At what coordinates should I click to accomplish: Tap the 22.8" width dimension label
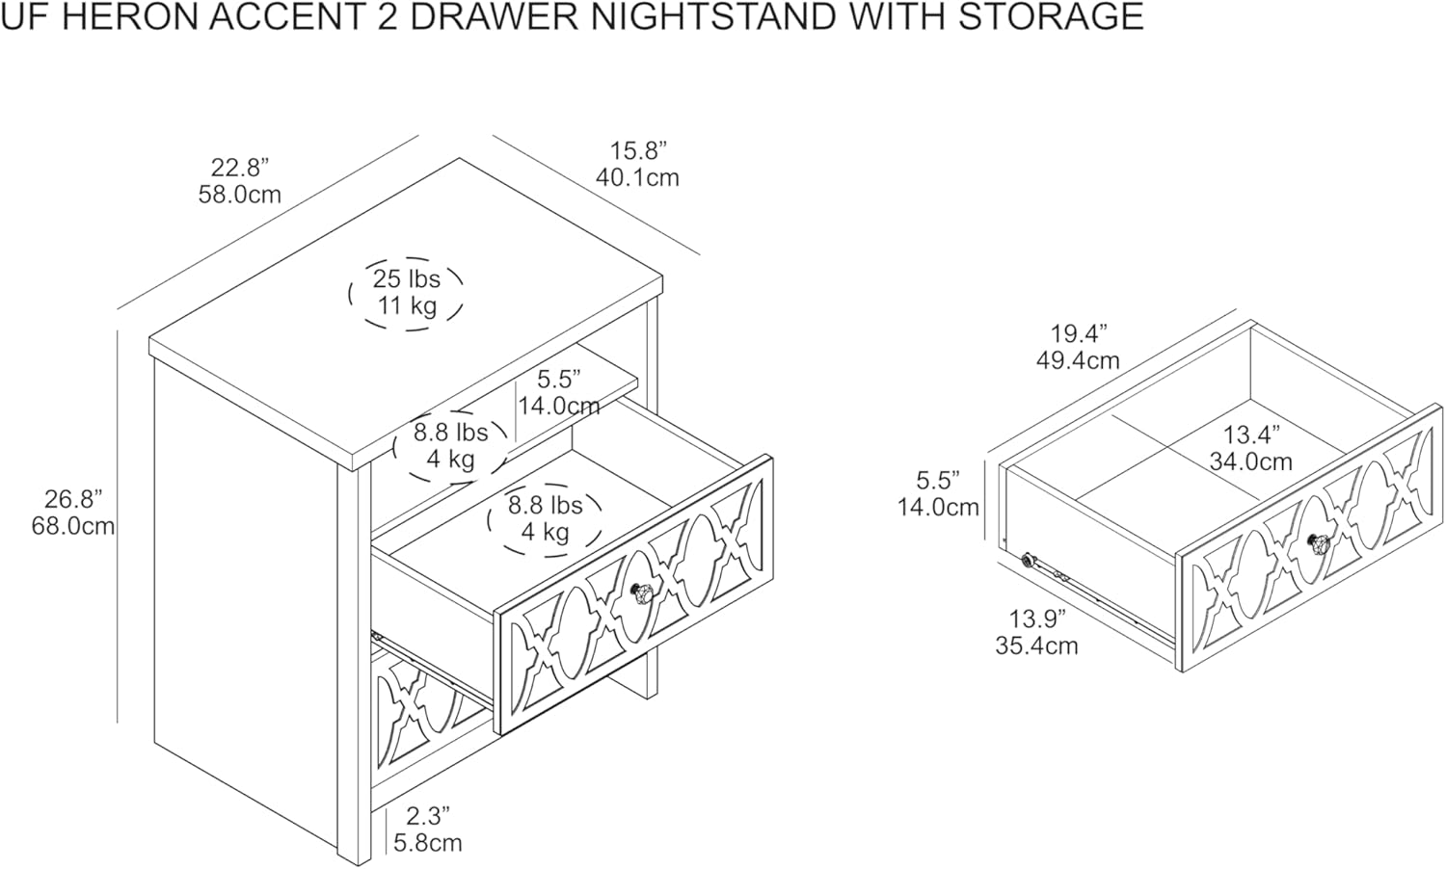[239, 167]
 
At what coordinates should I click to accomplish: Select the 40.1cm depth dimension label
[637, 177]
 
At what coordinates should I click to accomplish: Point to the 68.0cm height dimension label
[73, 526]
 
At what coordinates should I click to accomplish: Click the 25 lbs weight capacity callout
[406, 278]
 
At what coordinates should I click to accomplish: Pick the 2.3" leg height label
[428, 816]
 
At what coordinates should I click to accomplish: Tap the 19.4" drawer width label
[1078, 333]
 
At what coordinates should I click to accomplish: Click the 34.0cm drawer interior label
[1251, 461]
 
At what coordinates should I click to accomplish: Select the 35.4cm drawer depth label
[1036, 645]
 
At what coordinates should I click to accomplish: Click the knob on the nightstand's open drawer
[641, 592]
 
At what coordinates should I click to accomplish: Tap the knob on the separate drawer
[1318, 543]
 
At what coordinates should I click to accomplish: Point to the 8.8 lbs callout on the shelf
[450, 433]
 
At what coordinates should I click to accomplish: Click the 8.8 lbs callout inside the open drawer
[546, 505]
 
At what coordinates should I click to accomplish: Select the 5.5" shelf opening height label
[559, 379]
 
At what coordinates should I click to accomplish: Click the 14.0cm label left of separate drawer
[939, 508]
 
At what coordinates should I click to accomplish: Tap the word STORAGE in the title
[1051, 16]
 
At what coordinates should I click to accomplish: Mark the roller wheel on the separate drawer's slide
[1027, 559]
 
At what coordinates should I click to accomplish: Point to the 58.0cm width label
[239, 195]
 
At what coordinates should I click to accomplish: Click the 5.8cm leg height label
[428, 843]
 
